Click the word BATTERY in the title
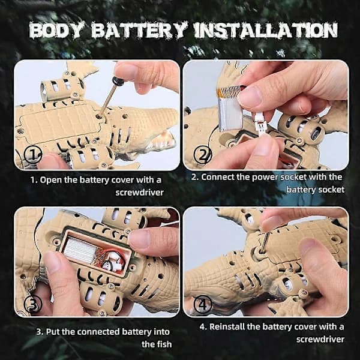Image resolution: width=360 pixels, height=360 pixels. [139, 30]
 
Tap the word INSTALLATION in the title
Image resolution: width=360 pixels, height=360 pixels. [266, 30]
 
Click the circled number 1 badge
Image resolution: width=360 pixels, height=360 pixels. [33, 155]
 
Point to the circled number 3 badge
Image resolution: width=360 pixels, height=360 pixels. [33, 304]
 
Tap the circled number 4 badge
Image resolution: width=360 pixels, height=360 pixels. [203, 304]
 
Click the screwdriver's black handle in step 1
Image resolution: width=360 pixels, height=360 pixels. [118, 81]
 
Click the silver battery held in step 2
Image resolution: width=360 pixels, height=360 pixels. [231, 109]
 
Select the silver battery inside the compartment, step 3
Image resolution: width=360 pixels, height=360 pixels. [80, 250]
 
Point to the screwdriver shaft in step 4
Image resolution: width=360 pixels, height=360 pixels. [265, 241]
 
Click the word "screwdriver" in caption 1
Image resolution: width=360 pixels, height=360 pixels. [139, 193]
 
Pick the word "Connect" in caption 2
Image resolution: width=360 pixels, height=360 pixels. [218, 177]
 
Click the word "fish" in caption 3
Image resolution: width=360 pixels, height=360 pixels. [163, 344]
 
